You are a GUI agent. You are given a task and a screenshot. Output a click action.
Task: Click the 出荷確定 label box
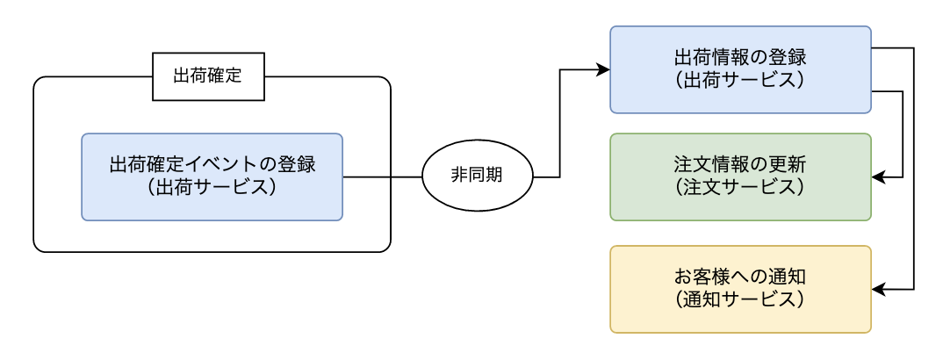pyautogui.click(x=207, y=76)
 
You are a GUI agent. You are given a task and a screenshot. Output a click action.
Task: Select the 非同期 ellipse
pyautogui.click(x=478, y=176)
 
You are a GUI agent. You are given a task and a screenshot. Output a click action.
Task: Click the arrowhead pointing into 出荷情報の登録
pyautogui.click(x=603, y=69)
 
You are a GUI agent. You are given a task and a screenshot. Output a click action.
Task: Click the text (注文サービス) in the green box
pyautogui.click(x=740, y=187)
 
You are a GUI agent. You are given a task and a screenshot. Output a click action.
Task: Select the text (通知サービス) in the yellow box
pyautogui.click(x=740, y=299)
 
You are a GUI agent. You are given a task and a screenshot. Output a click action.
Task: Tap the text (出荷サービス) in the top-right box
pyautogui.click(x=740, y=80)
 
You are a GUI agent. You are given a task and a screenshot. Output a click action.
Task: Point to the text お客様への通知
pyautogui.click(x=740, y=277)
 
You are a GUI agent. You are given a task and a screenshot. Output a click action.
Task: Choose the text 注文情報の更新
pyautogui.click(x=740, y=165)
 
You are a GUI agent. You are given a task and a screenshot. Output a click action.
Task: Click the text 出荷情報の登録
pyautogui.click(x=740, y=59)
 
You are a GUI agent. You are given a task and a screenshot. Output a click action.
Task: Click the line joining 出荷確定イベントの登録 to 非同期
pyautogui.click(x=382, y=176)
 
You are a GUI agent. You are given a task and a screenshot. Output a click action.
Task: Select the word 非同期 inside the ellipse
pyautogui.click(x=478, y=176)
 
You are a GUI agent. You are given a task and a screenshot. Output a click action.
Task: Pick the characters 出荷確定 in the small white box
pyautogui.click(x=207, y=76)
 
